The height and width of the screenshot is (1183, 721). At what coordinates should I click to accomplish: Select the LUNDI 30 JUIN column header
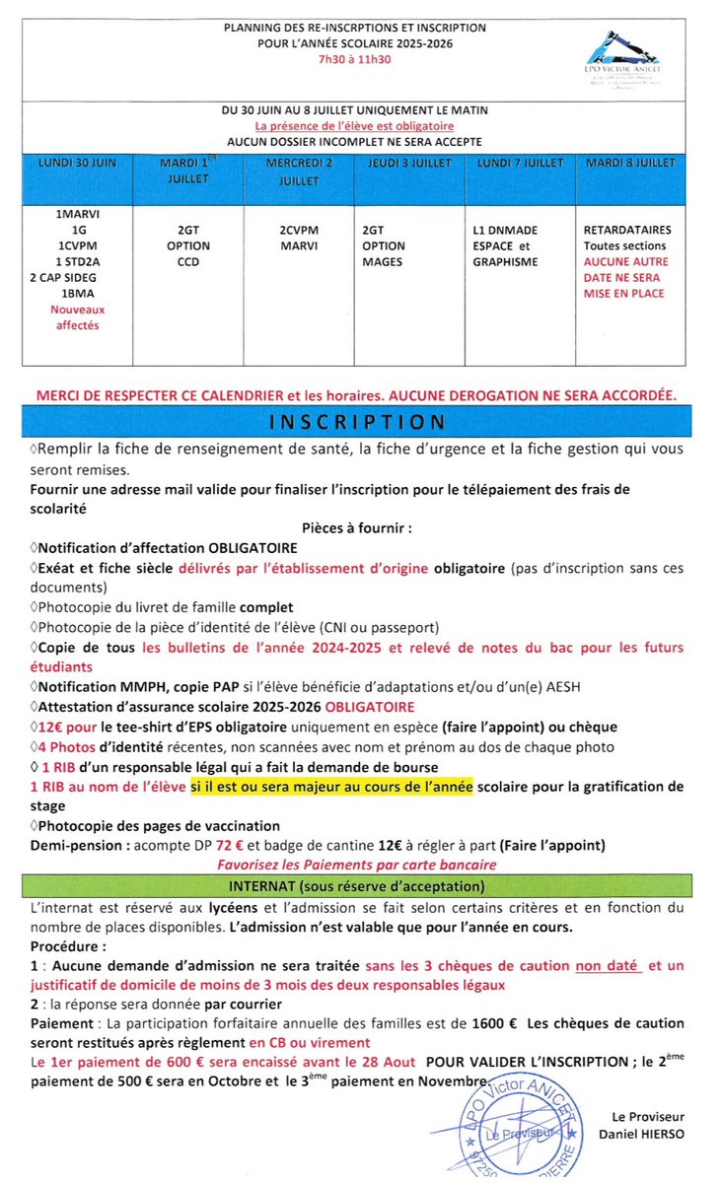coord(76,162)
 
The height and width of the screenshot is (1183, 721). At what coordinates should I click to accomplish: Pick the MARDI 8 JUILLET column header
coord(630,162)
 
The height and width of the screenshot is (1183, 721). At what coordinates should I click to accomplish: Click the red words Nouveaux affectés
coord(76,316)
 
